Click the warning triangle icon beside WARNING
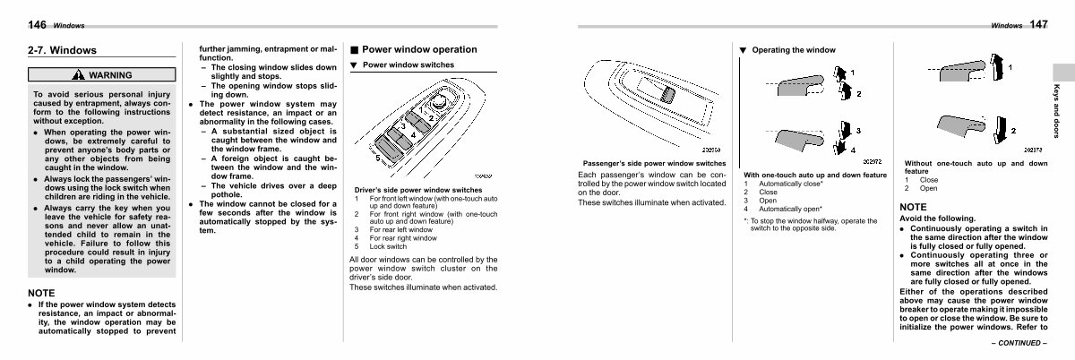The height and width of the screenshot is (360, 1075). pyautogui.click(x=79, y=76)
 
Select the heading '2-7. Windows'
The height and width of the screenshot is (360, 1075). pyautogui.click(x=62, y=51)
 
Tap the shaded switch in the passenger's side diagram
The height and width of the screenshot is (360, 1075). pyautogui.click(x=668, y=94)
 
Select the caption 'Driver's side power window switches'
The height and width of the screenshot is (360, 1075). pyautogui.click(x=418, y=190)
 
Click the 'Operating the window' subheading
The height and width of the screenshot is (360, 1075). pyautogui.click(x=793, y=50)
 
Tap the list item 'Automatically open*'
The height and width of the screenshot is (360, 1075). pyautogui.click(x=789, y=209)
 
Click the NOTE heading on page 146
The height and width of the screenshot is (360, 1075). pyautogui.click(x=42, y=293)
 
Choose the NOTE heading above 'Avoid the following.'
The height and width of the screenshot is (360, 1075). pyautogui.click(x=915, y=207)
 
